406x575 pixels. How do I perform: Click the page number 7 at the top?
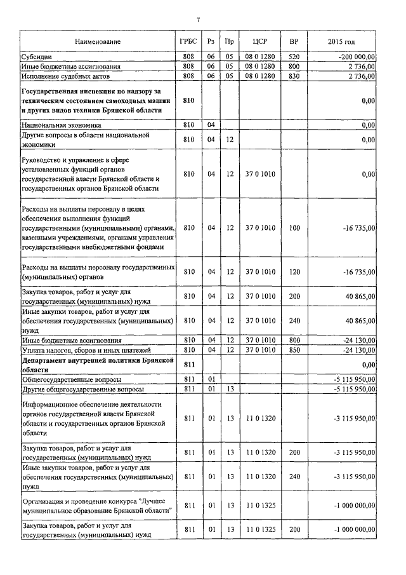pos(198,20)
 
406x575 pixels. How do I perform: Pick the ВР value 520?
pos(294,57)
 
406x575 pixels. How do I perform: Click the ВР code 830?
pos(294,76)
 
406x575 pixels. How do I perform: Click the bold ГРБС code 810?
pos(188,100)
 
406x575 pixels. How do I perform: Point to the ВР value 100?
pos(294,227)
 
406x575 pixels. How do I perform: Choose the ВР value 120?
pos(294,272)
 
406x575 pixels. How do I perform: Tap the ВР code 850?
pos(294,350)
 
